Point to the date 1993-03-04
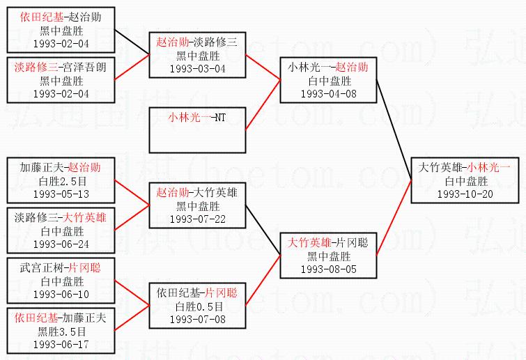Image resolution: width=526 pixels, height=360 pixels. [x=198, y=68]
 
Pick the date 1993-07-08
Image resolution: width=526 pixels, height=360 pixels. [x=198, y=319]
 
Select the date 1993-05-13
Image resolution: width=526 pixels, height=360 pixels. [x=61, y=194]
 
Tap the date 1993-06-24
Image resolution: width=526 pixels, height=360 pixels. [x=61, y=244]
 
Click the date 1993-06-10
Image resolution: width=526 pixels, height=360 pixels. [x=61, y=294]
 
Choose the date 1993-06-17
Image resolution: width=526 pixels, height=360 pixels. [x=61, y=344]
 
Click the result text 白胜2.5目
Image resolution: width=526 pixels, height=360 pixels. [x=61, y=181]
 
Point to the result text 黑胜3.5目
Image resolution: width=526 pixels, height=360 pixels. [x=61, y=331]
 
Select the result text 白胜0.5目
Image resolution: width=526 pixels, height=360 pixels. [x=198, y=306]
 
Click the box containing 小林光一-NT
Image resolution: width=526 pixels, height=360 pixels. [x=198, y=130]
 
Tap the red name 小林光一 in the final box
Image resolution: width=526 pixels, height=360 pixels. [x=489, y=168]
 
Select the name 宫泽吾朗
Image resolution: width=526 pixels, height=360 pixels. [x=86, y=68]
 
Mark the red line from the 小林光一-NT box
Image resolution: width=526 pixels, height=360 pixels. [x=263, y=106]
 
